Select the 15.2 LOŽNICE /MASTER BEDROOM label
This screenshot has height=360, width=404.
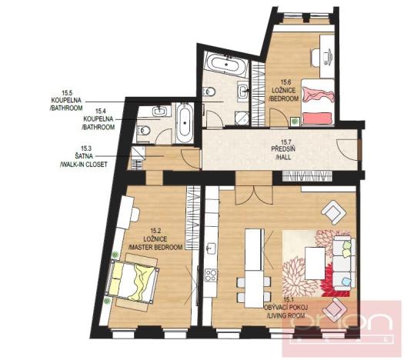[154, 238]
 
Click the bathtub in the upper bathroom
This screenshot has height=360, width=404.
[226, 65]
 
